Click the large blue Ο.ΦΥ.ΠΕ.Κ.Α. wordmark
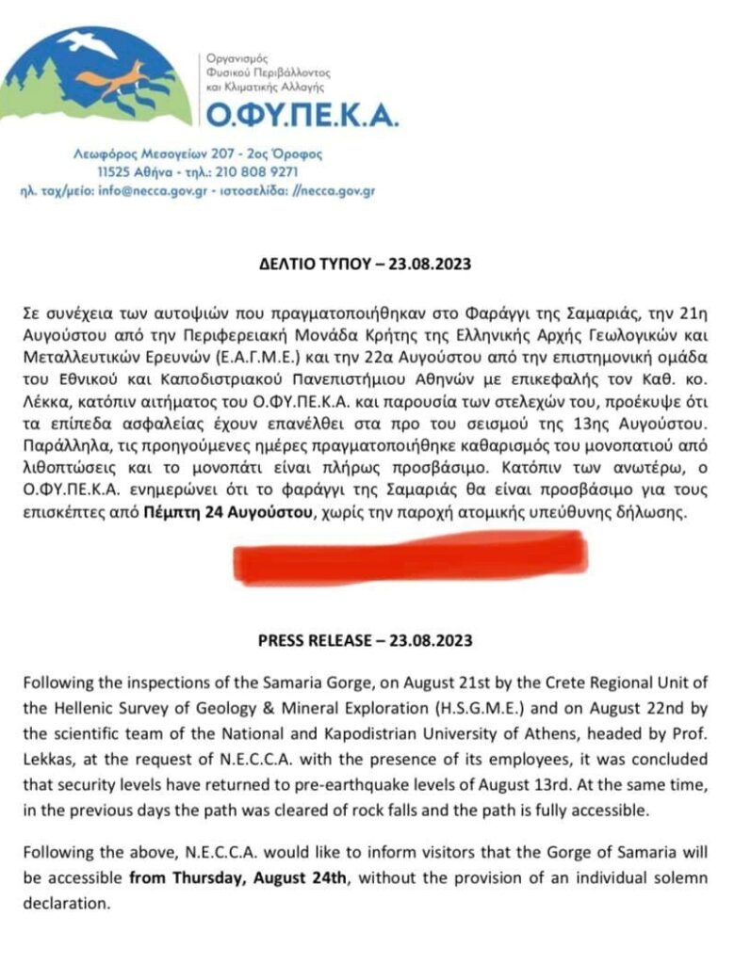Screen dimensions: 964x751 (x=302, y=116)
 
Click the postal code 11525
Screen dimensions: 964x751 (x=114, y=172)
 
